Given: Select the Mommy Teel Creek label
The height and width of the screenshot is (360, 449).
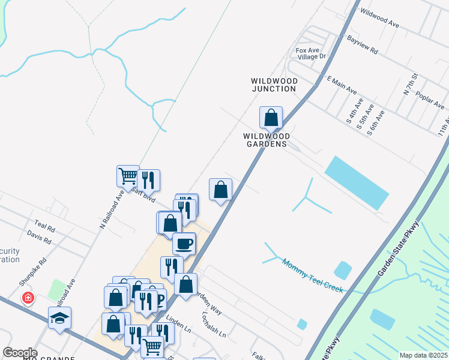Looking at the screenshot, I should (312, 276).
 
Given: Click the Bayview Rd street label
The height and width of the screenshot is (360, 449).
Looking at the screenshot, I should (363, 44).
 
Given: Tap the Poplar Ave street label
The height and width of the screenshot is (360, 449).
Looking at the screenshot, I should (431, 97).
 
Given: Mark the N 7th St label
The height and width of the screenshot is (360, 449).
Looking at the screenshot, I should (410, 86).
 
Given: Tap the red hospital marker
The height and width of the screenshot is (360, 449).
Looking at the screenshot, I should (28, 298).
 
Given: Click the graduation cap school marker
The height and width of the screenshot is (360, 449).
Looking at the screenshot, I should (59, 317).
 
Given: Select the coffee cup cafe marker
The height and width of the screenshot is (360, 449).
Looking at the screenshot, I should (184, 243).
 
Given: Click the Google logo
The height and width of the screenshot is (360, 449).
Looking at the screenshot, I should (20, 353).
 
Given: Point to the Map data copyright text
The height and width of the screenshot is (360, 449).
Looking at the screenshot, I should (423, 355).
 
